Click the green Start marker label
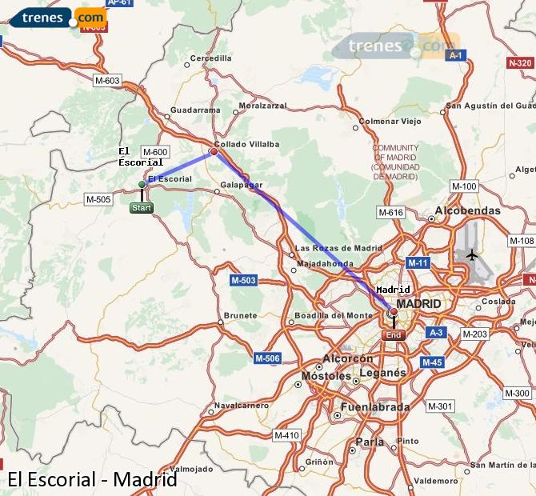142,208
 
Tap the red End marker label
394,335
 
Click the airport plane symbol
472,255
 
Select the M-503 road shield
243,280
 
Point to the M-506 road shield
267,358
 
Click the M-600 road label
154,152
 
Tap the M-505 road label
98,199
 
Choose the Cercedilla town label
210,58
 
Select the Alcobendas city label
468,210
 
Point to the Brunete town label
241,316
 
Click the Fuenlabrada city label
375,407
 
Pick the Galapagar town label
242,185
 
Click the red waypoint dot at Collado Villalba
214,151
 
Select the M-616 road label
390,212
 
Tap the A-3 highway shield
436,332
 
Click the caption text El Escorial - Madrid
91,480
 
